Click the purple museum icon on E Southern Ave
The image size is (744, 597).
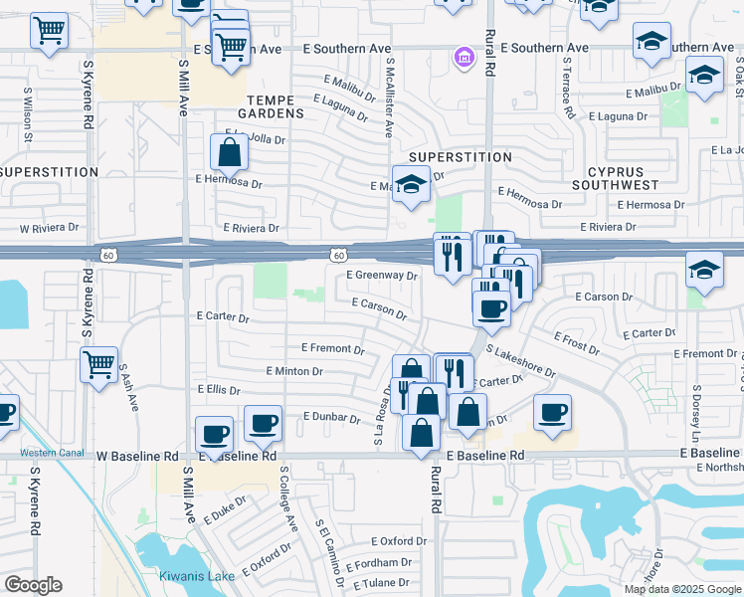463,57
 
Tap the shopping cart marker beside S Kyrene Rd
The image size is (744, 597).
98,366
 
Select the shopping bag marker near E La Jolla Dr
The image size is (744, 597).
229,153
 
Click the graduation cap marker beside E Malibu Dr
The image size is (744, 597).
704,76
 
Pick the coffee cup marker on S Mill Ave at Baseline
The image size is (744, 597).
215,434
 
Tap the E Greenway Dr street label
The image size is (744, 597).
382,276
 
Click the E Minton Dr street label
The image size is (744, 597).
295,371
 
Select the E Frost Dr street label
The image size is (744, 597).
577,344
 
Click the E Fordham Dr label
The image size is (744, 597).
377,562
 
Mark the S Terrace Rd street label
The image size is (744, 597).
567,87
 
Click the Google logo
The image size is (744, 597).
33,585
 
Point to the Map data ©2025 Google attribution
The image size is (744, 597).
681,589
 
